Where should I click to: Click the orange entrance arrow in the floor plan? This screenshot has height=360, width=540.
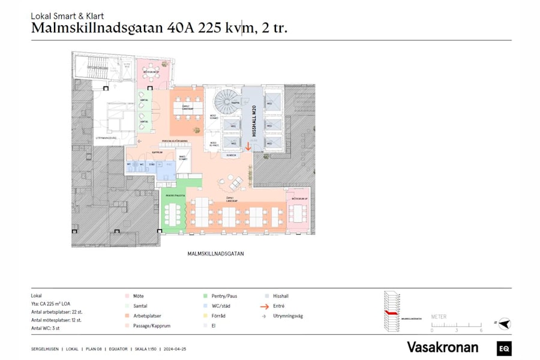click(248, 146)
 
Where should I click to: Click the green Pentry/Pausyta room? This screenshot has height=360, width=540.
click(173, 210)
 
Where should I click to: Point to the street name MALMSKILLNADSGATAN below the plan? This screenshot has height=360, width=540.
click(215, 254)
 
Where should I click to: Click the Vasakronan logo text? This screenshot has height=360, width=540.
click(442, 347)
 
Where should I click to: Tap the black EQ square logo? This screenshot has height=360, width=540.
click(504, 347)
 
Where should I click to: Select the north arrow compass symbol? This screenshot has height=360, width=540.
click(504, 324)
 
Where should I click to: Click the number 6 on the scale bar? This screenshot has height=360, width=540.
click(481, 331)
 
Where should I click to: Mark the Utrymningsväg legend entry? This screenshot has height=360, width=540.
click(284, 316)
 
